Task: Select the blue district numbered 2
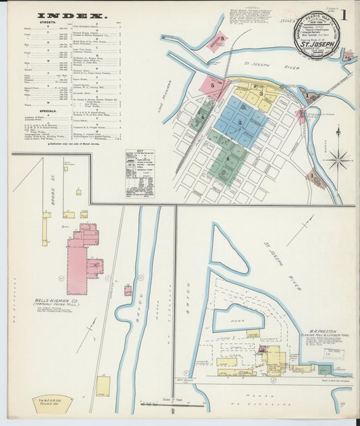[241, 121]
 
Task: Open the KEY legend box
[140, 173]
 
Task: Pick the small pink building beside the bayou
[128, 290]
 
